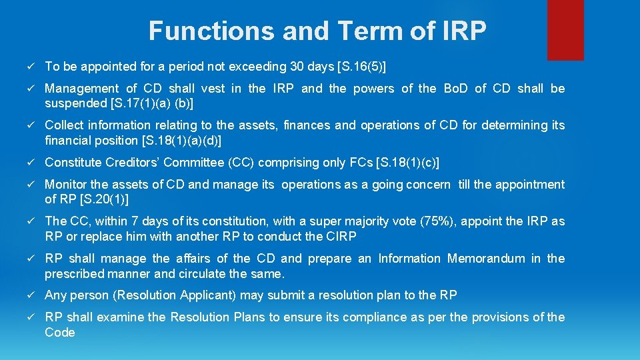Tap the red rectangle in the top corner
tap(565, 30)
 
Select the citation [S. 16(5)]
tap(363, 67)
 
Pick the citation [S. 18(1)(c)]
tap(408, 163)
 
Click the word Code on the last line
tap(60, 333)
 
